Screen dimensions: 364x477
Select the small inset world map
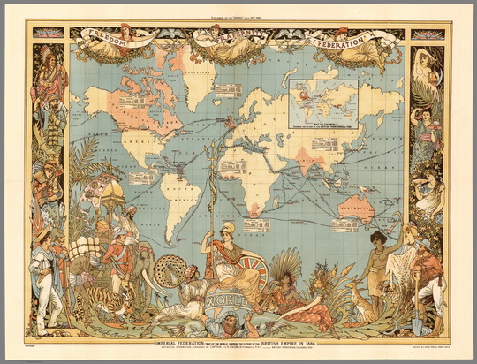pyautogui.click(x=323, y=105)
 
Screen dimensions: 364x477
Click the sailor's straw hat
pyautogui.click(x=42, y=233)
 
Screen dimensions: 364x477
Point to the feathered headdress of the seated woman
pyautogui.click(x=290, y=264)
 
